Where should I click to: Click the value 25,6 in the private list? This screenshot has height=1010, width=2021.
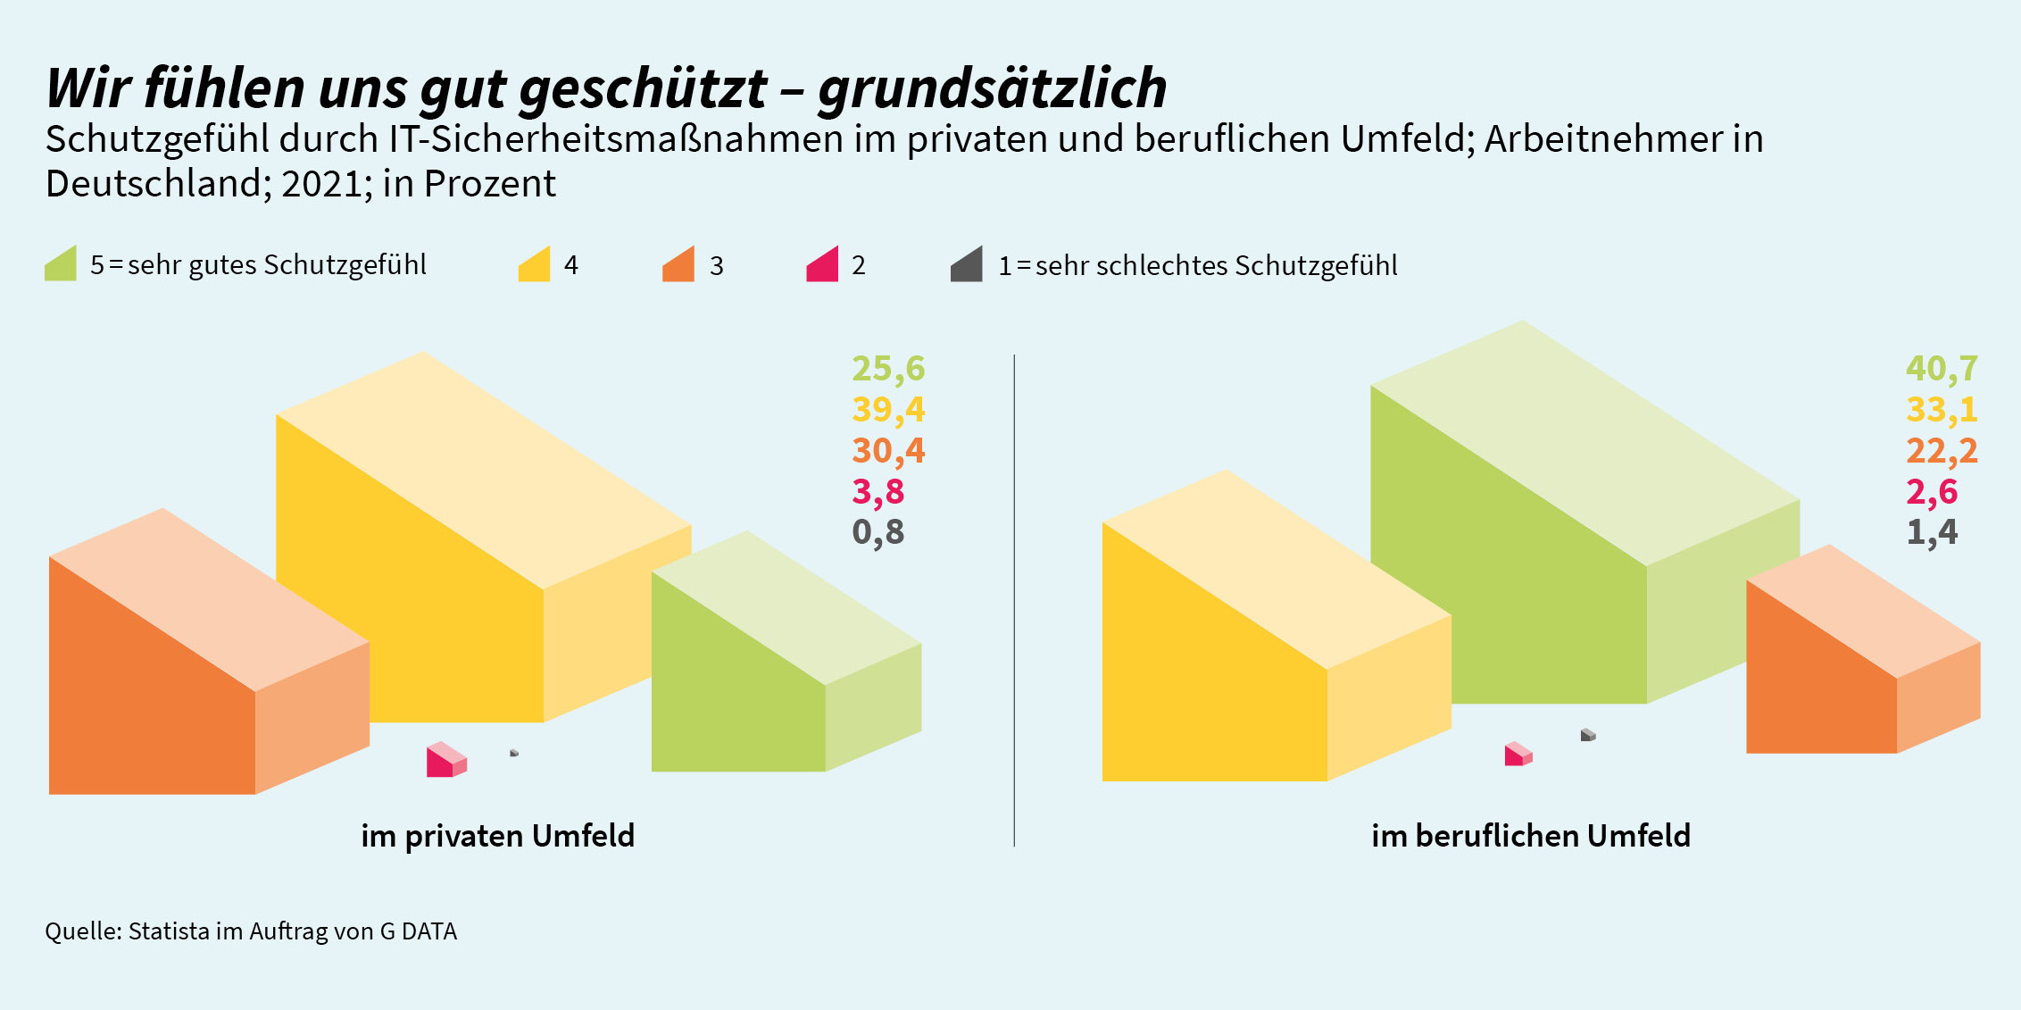888,368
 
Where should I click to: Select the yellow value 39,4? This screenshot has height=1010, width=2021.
888,409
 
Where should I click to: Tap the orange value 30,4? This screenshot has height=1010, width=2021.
888,450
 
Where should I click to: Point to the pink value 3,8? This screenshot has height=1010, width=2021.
878,491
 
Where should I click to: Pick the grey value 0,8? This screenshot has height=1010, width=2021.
878,531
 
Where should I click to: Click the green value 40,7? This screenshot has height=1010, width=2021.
1942,368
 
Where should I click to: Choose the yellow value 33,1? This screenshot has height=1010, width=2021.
1942,409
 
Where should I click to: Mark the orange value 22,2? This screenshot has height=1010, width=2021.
1942,450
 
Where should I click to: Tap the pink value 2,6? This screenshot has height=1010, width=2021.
1932,491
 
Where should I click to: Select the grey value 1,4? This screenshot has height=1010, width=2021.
1932,531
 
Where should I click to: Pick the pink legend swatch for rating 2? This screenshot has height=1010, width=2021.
823,266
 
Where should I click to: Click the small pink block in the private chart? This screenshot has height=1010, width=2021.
445,761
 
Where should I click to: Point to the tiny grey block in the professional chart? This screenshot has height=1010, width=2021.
1587,735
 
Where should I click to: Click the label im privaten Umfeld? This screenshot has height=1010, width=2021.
497,836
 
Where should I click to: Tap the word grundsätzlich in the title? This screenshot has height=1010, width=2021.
992,88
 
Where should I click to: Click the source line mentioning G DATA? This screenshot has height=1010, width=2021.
251,931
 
